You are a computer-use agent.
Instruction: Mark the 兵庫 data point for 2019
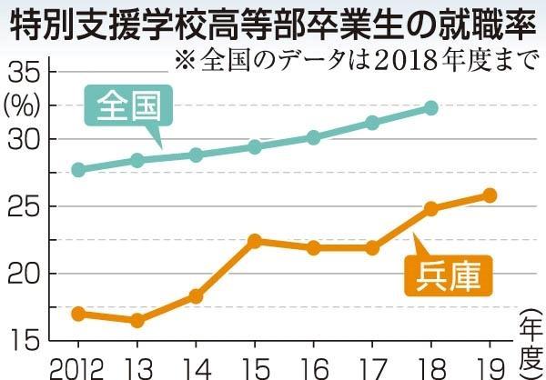tap(490, 195)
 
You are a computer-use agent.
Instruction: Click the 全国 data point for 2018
tap(431, 108)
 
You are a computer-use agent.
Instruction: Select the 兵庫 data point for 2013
tap(137, 320)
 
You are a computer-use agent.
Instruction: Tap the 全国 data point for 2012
tap(78, 169)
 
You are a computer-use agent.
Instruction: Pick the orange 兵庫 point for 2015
tap(256, 241)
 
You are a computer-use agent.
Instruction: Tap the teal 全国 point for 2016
tap(314, 137)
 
